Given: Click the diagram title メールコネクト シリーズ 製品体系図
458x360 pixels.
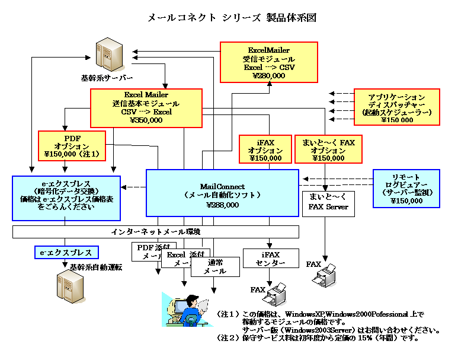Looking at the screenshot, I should pos(232,18).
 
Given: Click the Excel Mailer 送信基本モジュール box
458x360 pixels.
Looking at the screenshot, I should pos(146,107).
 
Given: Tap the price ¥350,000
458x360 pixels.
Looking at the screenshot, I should pos(146,120).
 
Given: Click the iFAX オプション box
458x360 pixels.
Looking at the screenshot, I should pos(265,149).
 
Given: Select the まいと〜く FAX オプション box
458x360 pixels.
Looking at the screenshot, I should pos(328,149).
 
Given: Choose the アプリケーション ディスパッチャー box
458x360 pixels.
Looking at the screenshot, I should pos(396,107).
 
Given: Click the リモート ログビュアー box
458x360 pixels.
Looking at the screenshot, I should pos(406,189).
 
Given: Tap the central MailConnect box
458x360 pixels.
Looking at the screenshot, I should pos(222,192).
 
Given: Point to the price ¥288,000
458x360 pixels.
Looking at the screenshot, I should pos(222,205).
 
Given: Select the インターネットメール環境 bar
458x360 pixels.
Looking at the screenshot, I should pos(156,231).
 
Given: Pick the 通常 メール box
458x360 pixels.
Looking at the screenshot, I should pos(216,266).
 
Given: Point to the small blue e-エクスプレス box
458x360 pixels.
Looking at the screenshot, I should pos(66,253).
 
